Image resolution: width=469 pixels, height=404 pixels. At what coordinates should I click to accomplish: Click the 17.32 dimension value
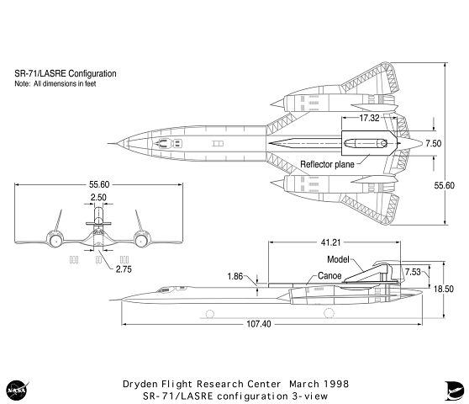point(371,119)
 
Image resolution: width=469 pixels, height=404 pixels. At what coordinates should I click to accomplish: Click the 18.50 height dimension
point(444,288)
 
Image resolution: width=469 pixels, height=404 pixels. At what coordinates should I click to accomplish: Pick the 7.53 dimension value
point(413,272)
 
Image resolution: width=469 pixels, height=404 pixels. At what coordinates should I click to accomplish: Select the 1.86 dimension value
point(235,276)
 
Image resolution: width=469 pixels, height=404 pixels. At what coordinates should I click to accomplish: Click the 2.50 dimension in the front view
point(99,198)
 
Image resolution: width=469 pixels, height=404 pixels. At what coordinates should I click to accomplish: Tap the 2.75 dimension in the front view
point(124,269)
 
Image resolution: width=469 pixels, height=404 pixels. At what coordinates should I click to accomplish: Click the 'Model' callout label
point(337,260)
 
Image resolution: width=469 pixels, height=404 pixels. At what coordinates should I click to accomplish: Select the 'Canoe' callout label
point(329,275)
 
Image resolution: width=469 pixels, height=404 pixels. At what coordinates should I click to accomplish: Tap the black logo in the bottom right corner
point(451,388)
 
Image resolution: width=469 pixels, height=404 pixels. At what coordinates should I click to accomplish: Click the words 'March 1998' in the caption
point(319,383)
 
